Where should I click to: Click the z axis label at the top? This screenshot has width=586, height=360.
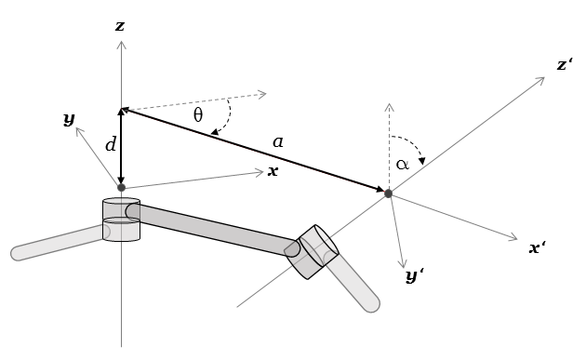120,26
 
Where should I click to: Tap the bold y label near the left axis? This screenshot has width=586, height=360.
69,118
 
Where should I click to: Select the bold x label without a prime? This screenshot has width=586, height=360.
273,171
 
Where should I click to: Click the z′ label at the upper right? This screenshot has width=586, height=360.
564,65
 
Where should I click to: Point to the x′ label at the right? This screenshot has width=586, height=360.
537,248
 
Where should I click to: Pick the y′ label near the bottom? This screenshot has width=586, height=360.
414,276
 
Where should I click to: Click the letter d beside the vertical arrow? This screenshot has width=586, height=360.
111,144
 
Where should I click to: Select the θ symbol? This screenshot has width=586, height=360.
198,115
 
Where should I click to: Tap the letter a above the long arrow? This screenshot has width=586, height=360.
277,142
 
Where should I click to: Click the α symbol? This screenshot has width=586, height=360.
402,165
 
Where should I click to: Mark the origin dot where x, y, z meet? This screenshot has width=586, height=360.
121,188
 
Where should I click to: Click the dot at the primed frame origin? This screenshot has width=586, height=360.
388,193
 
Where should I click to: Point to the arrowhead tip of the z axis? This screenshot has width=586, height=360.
121,42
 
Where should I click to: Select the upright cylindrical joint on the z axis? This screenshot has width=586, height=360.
121,220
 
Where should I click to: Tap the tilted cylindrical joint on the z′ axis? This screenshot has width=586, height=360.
312,251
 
